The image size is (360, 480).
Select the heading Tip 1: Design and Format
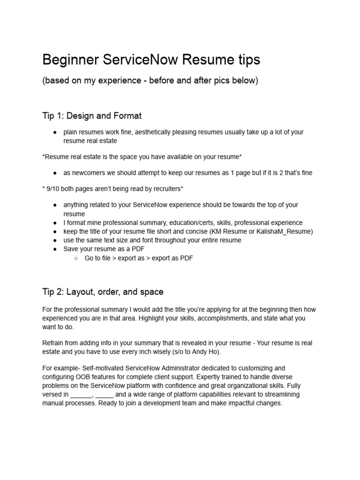click(x=92, y=115)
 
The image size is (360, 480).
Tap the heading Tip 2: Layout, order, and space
click(x=103, y=292)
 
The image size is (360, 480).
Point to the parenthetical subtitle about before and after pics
click(x=150, y=80)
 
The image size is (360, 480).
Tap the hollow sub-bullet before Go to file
click(x=75, y=258)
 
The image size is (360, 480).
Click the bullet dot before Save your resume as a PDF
click(x=55, y=249)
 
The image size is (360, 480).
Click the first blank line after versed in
click(x=82, y=394)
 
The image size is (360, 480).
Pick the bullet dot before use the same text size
click(x=55, y=240)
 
